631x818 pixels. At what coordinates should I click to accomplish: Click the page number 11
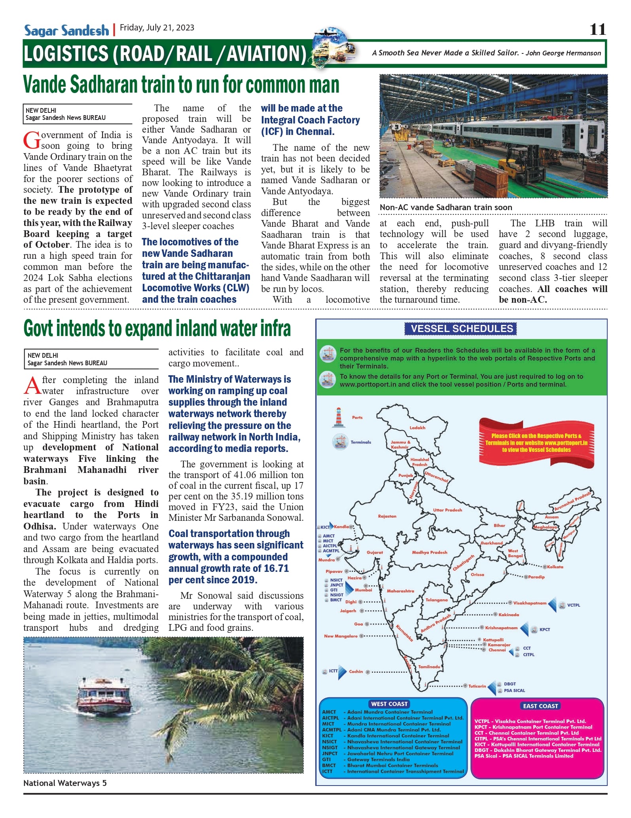(x=597, y=29)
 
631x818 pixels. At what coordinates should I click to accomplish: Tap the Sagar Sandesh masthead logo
(x=66, y=30)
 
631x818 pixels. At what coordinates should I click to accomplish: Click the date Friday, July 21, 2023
(x=157, y=28)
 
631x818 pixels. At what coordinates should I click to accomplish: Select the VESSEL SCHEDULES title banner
(x=462, y=329)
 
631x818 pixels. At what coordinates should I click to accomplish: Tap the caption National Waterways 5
(x=65, y=783)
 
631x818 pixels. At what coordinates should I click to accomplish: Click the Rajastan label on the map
(x=387, y=516)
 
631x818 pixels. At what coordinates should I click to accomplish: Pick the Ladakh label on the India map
(x=417, y=428)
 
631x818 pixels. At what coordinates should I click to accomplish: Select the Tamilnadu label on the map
(x=429, y=667)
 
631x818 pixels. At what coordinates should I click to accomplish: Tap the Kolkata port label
(x=555, y=567)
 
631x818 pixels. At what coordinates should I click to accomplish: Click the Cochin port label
(x=356, y=672)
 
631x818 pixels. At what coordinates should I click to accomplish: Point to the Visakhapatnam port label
(x=530, y=603)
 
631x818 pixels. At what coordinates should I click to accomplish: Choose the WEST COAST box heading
(x=389, y=704)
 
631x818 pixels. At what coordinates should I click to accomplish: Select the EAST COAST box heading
(x=540, y=706)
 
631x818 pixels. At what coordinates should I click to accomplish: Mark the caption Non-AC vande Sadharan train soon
(x=446, y=207)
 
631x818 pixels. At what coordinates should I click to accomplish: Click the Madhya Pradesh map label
(x=430, y=552)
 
